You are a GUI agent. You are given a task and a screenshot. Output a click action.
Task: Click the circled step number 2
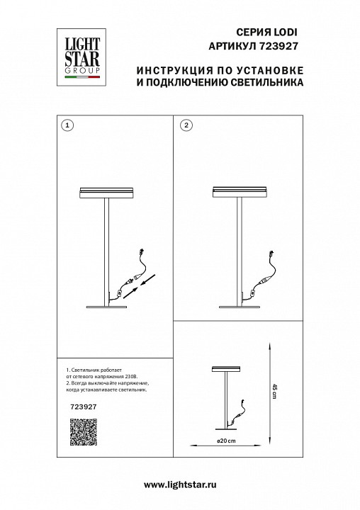pos(186,125)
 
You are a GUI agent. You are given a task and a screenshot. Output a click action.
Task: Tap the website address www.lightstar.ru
pos(180,484)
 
